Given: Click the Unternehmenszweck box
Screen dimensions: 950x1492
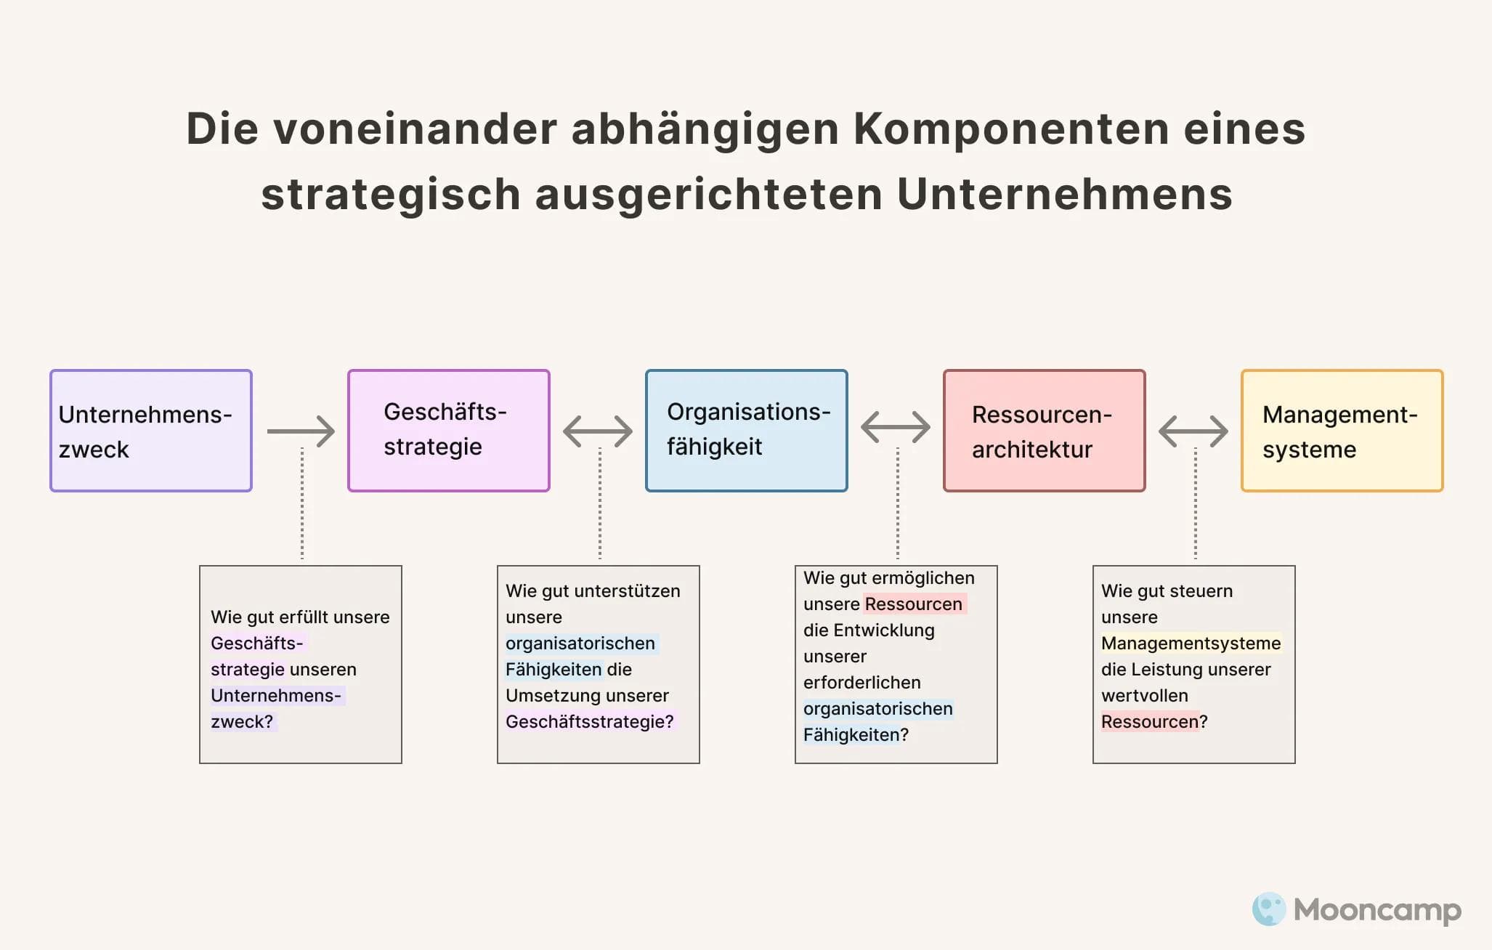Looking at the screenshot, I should (x=151, y=431).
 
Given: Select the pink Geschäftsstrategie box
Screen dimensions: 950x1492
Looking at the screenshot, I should (x=449, y=431).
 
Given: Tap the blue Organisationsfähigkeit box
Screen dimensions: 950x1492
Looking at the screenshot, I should (x=747, y=431).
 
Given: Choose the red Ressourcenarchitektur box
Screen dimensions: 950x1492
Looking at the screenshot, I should (x=1045, y=431).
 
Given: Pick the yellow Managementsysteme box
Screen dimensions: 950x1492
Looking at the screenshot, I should (x=1342, y=431).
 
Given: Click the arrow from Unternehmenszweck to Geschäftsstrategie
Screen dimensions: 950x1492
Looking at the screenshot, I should (x=301, y=431).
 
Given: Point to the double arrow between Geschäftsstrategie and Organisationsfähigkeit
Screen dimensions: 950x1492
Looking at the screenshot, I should (x=598, y=431).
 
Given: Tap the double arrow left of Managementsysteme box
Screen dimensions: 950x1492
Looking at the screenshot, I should (x=1193, y=431).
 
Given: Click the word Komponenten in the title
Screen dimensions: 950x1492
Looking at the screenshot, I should (x=1010, y=129).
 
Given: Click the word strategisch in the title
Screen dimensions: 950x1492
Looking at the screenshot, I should (x=391, y=195).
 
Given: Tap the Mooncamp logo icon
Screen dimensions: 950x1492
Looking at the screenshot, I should (x=1269, y=909).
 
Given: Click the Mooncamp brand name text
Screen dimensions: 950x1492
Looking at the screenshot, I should (x=1377, y=909).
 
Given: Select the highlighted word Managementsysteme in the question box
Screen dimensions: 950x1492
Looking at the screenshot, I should (x=1191, y=644).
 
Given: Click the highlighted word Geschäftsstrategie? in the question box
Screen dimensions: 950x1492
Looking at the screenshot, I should (x=590, y=722).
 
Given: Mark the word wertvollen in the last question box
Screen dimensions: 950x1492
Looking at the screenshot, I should (x=1145, y=696).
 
